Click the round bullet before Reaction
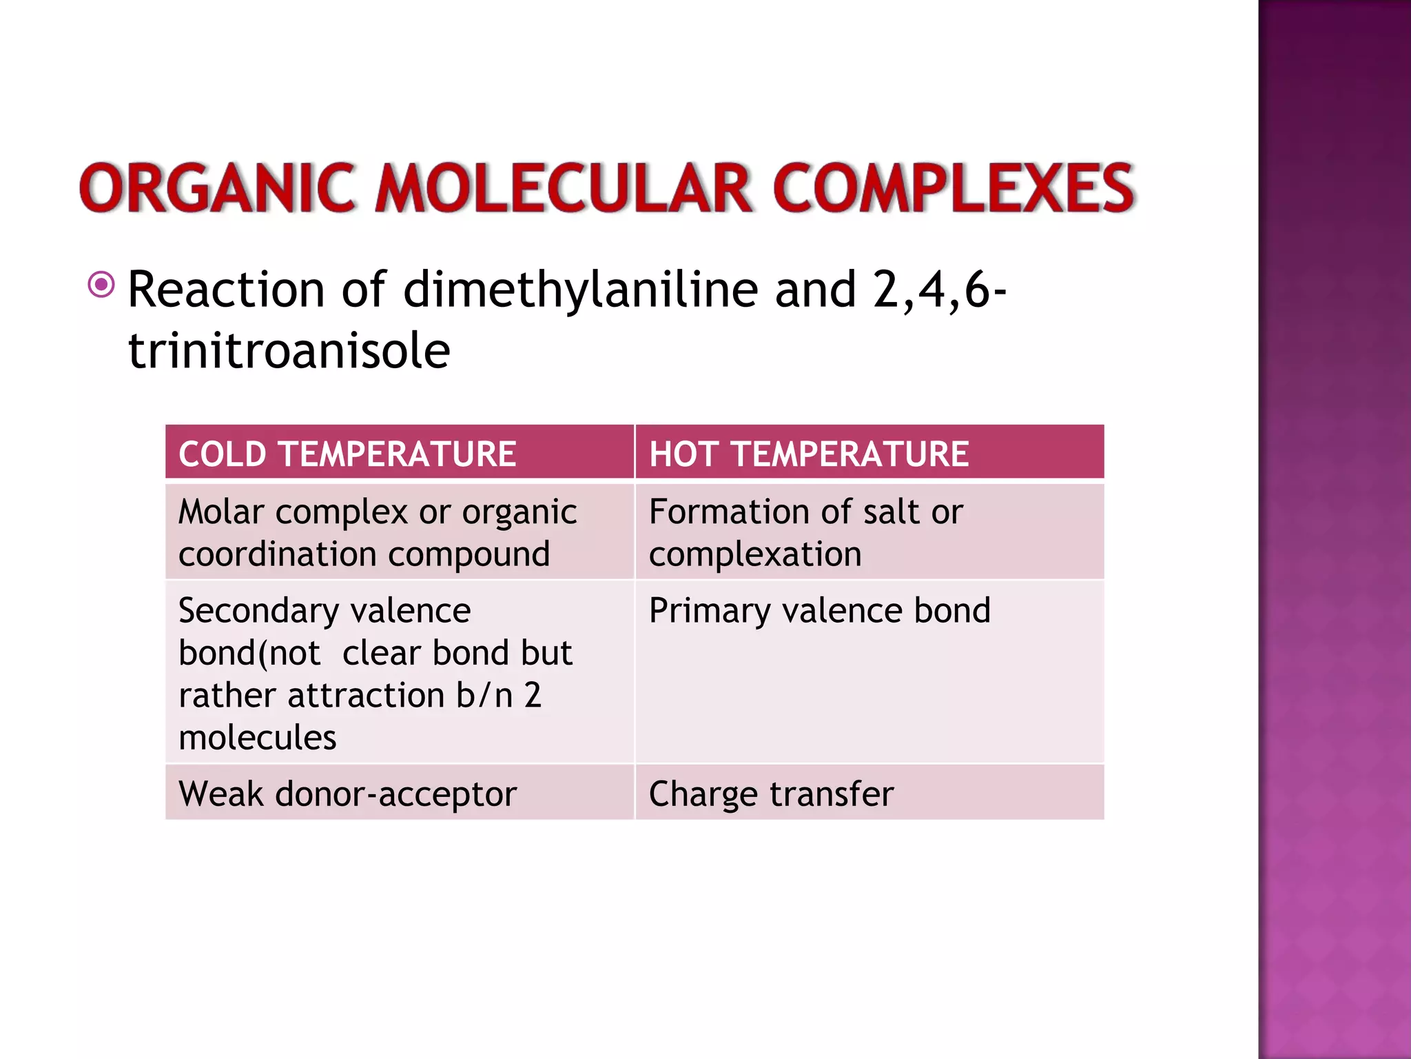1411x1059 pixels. [x=101, y=284]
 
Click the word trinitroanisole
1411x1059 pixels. [x=289, y=351]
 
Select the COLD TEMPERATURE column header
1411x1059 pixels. [x=347, y=454]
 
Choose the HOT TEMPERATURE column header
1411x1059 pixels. [x=809, y=454]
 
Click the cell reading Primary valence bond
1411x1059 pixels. [x=820, y=611]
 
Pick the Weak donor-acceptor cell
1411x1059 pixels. [x=347, y=794]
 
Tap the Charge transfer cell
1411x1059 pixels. [x=771, y=794]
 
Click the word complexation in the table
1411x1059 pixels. [x=755, y=554]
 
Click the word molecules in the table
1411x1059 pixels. [x=257, y=738]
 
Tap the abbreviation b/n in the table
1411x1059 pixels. [x=484, y=695]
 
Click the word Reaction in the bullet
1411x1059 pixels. [x=226, y=290]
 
